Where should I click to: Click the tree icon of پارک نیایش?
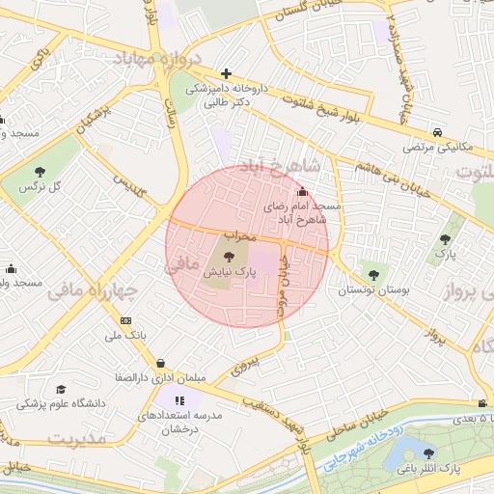coord(229,257)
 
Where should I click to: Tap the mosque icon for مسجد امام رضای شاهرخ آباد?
coord(305,191)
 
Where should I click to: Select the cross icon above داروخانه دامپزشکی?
coord(226,73)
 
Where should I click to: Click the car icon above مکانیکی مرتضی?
coord(437,132)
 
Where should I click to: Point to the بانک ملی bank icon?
coord(125,320)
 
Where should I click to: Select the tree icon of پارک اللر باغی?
coord(428,453)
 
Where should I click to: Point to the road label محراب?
coord(238,234)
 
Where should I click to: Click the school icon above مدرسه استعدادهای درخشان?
coord(178,399)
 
